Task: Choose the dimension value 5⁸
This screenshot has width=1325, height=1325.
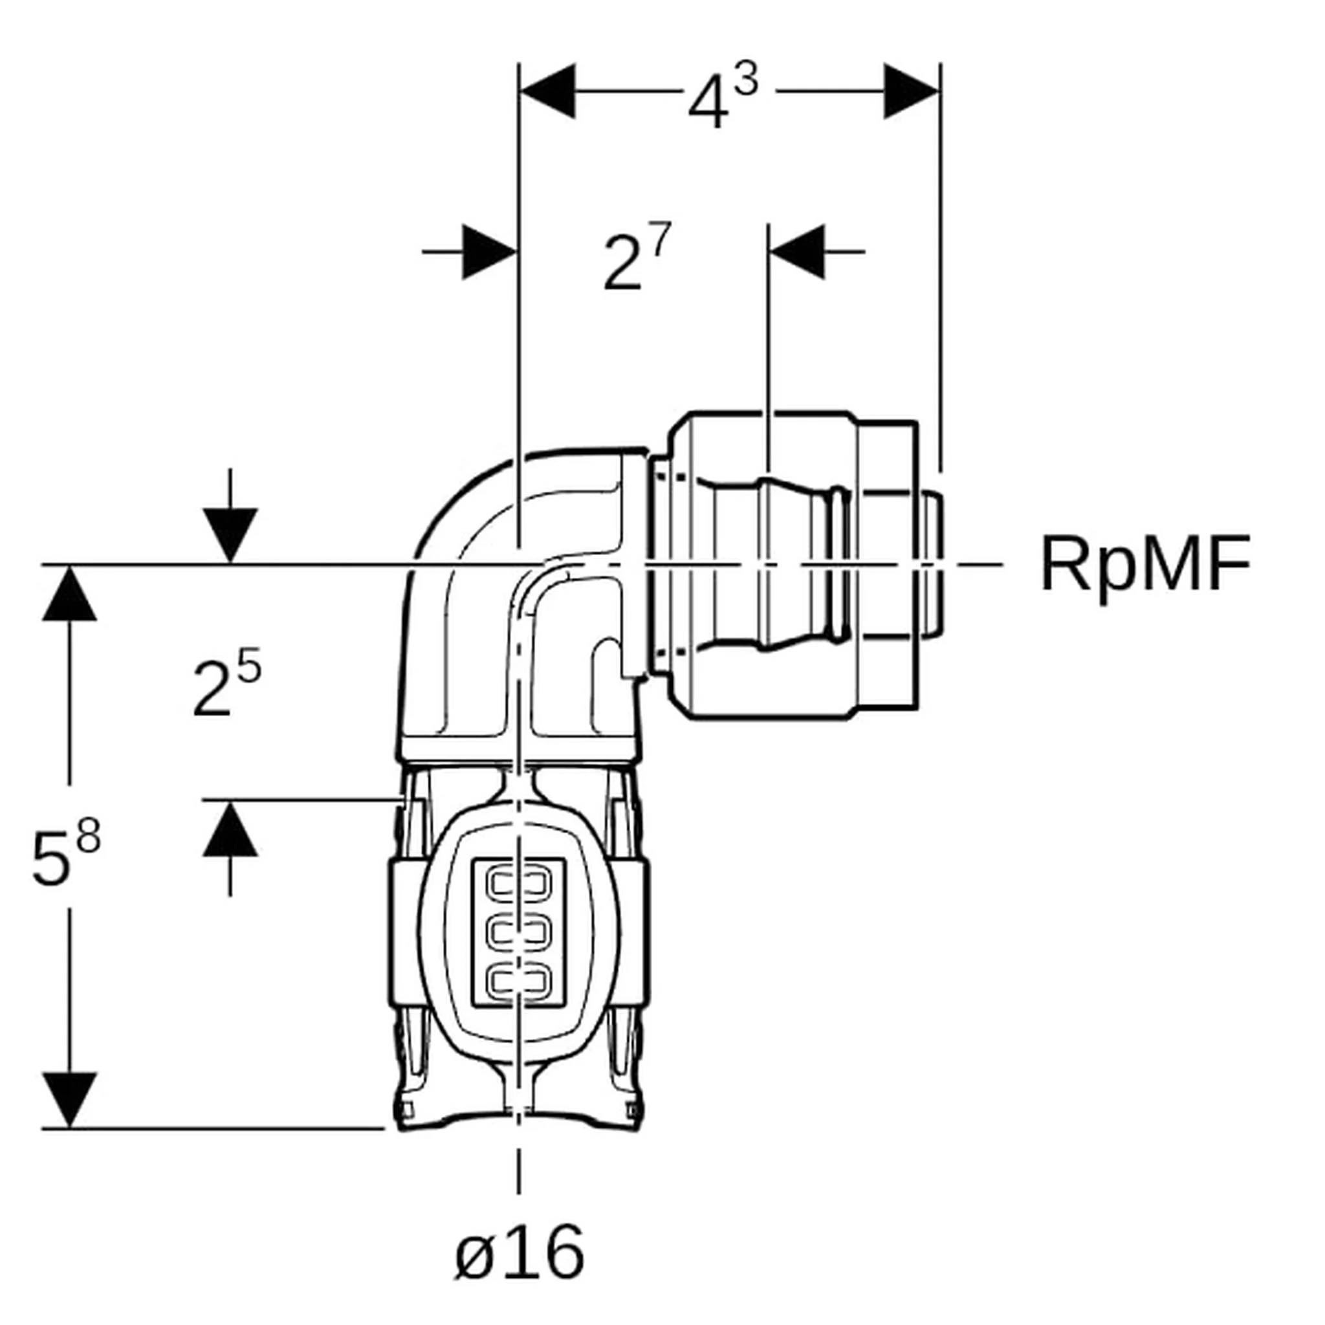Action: tap(65, 852)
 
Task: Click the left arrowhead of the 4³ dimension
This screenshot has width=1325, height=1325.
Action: tap(548, 91)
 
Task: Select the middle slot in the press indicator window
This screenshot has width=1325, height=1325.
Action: tap(519, 930)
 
